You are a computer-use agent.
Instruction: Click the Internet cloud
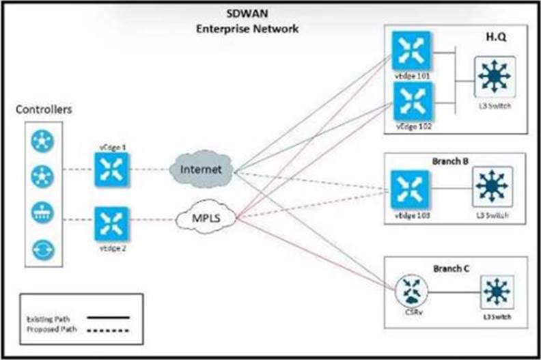[201, 169]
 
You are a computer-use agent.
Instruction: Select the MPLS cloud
[206, 220]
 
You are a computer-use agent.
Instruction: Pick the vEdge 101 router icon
[411, 51]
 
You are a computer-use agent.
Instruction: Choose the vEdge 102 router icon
[411, 100]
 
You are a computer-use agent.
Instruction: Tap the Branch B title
[449, 162]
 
